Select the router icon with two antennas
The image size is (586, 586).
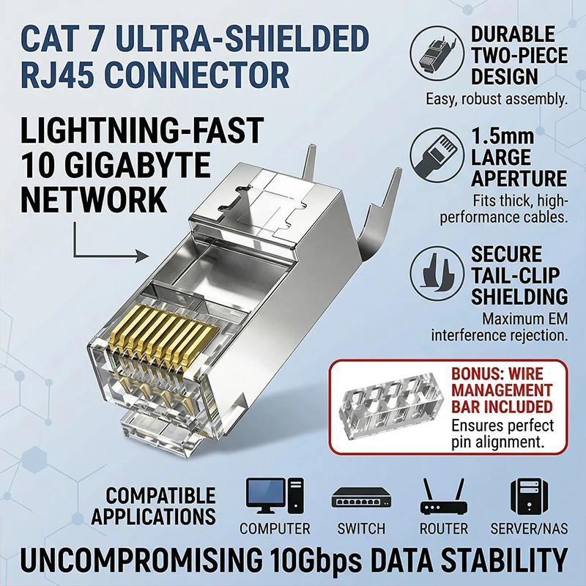pyautogui.click(x=444, y=499)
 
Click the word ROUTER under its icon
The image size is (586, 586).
pyautogui.click(x=444, y=528)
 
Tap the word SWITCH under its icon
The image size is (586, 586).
pyautogui.click(x=361, y=528)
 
